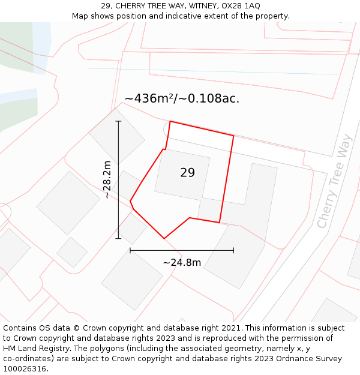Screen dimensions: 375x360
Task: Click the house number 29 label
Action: pyautogui.click(x=187, y=173)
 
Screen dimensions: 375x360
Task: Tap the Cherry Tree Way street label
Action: pyautogui.click(x=334, y=189)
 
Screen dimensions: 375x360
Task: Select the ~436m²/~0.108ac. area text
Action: pyautogui.click(x=182, y=99)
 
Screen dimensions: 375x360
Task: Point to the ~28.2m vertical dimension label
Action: pyautogui.click(x=107, y=179)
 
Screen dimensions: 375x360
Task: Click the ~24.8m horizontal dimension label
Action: pyautogui.click(x=182, y=262)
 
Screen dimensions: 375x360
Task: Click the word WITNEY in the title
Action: pyautogui.click(x=193, y=6)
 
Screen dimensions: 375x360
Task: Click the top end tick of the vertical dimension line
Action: pyautogui.click(x=118, y=121)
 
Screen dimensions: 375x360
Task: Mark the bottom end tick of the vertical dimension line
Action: pyautogui.click(x=118, y=239)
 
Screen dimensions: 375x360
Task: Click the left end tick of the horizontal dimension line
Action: pyautogui.click(x=130, y=250)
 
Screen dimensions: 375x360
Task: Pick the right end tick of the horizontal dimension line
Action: pyautogui.click(x=233, y=250)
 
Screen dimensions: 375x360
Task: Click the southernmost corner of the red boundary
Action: pyautogui.click(x=164, y=239)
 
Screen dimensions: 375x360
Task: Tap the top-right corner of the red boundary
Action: pyautogui.click(x=233, y=136)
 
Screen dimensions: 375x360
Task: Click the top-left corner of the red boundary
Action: pyautogui.click(x=170, y=121)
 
